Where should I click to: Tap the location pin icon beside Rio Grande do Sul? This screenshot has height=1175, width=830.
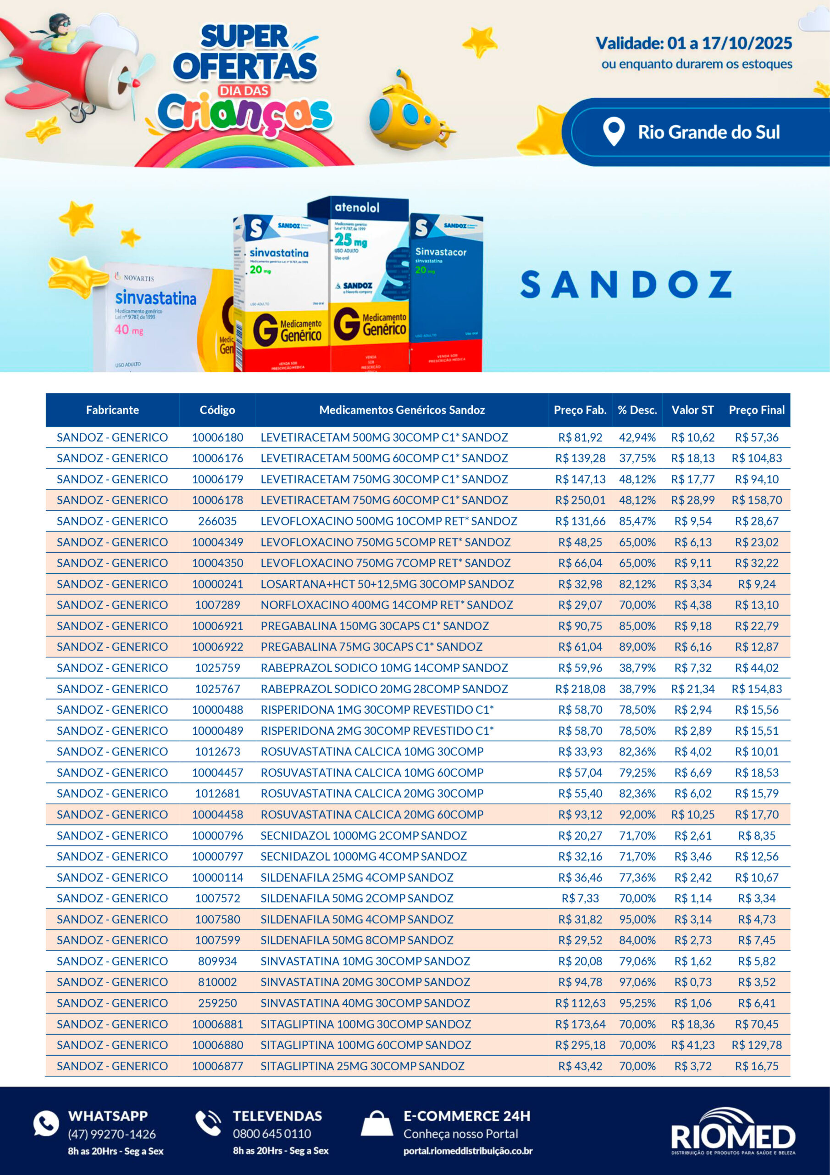tap(613, 132)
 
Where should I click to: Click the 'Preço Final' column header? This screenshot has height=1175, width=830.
tap(756, 410)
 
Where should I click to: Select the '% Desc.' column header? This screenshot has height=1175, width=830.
tap(637, 410)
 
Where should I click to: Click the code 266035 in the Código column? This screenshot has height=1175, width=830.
tap(217, 521)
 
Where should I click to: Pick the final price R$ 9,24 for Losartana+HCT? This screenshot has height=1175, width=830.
tap(756, 584)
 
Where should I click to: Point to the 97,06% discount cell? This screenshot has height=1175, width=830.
tap(637, 982)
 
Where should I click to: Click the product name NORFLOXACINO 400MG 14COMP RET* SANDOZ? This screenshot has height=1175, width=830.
tap(387, 605)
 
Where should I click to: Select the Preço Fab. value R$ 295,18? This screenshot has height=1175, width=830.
tap(580, 1045)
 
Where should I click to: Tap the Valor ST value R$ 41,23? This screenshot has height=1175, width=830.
tap(692, 1045)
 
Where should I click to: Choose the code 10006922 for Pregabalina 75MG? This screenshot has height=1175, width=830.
tap(217, 647)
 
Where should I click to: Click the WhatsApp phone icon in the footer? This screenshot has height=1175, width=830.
tap(46, 1123)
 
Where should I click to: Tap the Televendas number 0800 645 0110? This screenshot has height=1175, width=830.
tap(271, 1134)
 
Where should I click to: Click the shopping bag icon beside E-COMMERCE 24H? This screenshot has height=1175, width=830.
tap(377, 1124)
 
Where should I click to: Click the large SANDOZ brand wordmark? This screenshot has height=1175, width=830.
tap(626, 285)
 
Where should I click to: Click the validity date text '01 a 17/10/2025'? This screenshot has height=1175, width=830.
tap(729, 43)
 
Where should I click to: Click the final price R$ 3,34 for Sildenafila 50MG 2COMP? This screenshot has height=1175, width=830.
tap(756, 898)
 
